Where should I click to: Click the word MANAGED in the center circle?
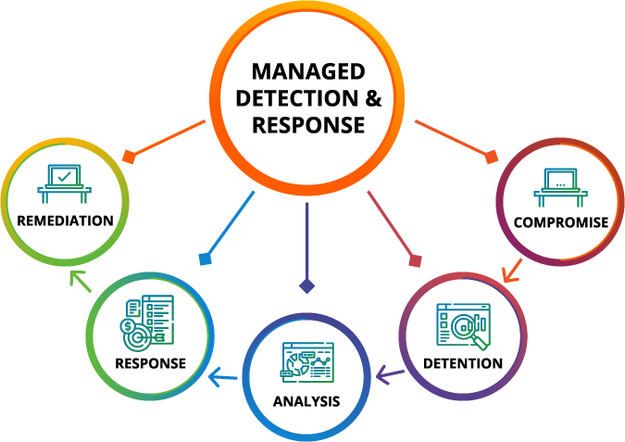click(x=308, y=72)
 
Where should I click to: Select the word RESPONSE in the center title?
click(x=308, y=125)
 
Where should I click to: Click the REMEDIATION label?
click(x=65, y=221)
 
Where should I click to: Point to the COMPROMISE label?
click(x=562, y=222)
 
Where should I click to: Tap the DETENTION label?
click(x=462, y=362)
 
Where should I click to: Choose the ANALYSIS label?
click(x=306, y=401)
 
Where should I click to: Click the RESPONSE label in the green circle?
click(x=150, y=362)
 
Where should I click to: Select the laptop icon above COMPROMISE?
click(x=561, y=186)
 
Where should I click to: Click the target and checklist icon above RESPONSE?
click(x=149, y=323)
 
